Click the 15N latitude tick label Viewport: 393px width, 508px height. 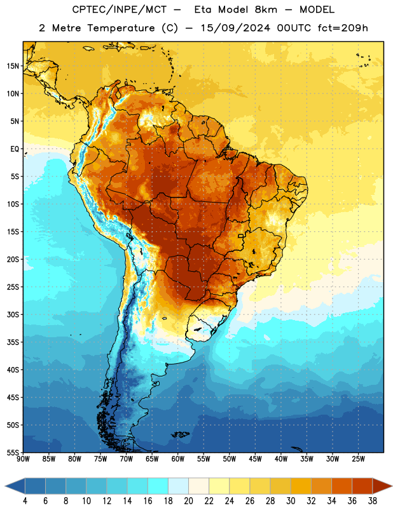pos(13,66)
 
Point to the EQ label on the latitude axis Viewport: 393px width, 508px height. pos(15,149)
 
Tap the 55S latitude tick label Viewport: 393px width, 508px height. pos(13,453)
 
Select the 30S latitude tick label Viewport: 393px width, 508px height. pos(13,314)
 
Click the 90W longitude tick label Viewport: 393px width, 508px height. pos(23,459)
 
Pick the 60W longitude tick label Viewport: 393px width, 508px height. pos(178,459)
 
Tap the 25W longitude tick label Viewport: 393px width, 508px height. pos(358,459)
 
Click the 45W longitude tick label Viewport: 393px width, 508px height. pos(255,459)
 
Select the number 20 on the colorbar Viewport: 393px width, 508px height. pos(188,501)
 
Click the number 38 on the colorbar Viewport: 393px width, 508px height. pos(372,501)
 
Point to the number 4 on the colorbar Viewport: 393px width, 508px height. pos(25,501)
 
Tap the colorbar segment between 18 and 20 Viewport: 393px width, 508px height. pos(179,486)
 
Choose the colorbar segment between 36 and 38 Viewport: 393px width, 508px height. pos(362,486)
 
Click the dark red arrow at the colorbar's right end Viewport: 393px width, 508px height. pos(382,486)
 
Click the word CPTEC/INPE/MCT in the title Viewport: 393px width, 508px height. pos(119,10)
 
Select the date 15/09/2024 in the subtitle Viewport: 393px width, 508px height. pos(235,28)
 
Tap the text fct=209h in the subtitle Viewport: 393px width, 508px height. pos(342,28)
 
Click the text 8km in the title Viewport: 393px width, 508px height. pos(266,10)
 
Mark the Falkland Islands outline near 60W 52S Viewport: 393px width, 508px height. pos(181,434)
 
